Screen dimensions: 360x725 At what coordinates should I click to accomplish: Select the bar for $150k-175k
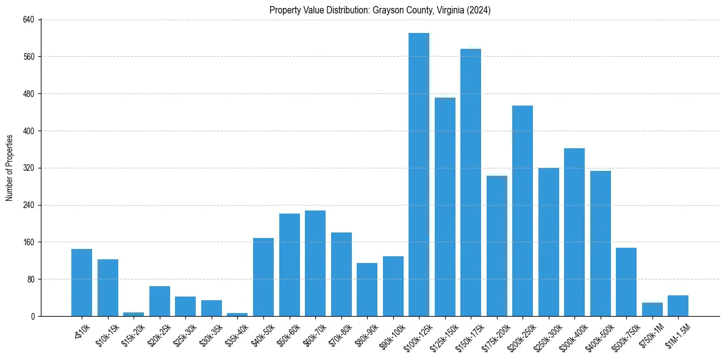click(x=471, y=182)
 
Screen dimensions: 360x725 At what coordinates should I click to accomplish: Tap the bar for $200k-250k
click(x=523, y=211)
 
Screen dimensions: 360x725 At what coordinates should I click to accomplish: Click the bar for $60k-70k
click(x=315, y=263)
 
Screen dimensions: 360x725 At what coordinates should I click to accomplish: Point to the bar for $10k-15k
click(x=108, y=287)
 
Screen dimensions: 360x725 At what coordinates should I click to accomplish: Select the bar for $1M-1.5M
click(x=678, y=306)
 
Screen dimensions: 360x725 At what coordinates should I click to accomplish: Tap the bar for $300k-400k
click(x=574, y=232)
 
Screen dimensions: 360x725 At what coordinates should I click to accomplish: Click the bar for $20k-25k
click(x=160, y=301)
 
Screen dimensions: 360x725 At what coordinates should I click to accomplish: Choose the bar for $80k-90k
click(x=367, y=289)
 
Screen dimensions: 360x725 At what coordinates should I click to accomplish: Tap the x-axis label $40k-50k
click(x=264, y=333)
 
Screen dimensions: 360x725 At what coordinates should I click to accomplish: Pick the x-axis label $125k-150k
click(x=444, y=335)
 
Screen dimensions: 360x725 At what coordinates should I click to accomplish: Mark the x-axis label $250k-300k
click(x=548, y=335)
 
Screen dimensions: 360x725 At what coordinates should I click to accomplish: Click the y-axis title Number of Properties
click(x=10, y=168)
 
